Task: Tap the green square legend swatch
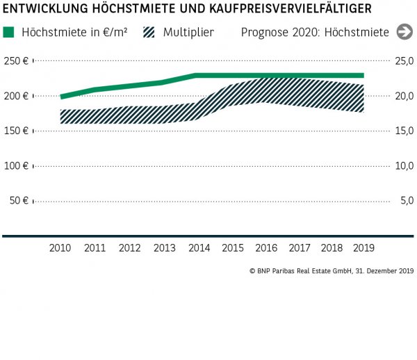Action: [9, 33]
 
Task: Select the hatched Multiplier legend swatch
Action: [149, 33]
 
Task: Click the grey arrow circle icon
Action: [404, 32]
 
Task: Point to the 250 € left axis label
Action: [15, 61]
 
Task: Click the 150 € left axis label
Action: [15, 131]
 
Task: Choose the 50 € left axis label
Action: [18, 201]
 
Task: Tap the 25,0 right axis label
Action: [404, 61]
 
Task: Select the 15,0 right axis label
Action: [404, 131]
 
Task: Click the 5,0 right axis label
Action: [407, 201]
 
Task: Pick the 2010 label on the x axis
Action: [61, 247]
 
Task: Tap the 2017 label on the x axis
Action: [300, 247]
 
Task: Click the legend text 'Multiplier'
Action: [188, 33]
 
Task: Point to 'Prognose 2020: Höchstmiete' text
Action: [315, 33]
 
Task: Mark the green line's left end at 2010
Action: [62, 97]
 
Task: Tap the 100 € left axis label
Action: [15, 165]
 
